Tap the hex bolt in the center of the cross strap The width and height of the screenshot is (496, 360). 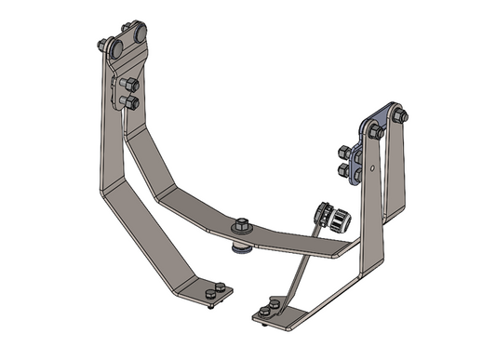(240, 223)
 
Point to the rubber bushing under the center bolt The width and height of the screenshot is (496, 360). (240, 247)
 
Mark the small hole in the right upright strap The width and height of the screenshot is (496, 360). (370, 169)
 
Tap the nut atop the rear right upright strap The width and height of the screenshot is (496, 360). (397, 116)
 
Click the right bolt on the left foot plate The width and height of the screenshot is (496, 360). (219, 287)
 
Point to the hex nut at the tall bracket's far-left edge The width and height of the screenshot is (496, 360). (101, 45)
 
